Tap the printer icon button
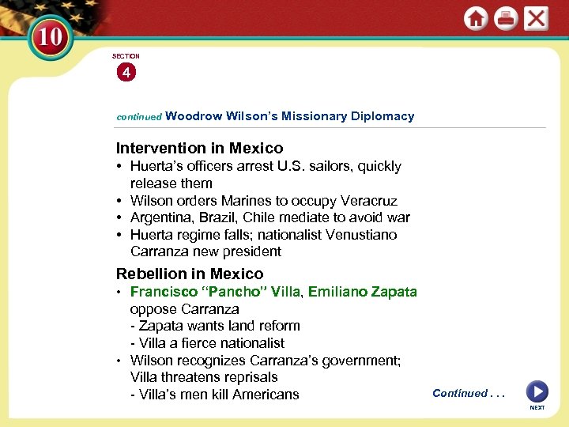[506, 18]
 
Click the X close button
[536, 18]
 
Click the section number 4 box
[126, 73]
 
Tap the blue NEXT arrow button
[537, 392]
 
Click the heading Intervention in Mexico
[199, 148]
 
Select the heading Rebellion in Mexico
[190, 274]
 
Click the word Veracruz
[369, 201]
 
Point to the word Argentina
[161, 217]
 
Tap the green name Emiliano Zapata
[363, 291]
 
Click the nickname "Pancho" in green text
[238, 291]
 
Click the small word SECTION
[126, 56]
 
